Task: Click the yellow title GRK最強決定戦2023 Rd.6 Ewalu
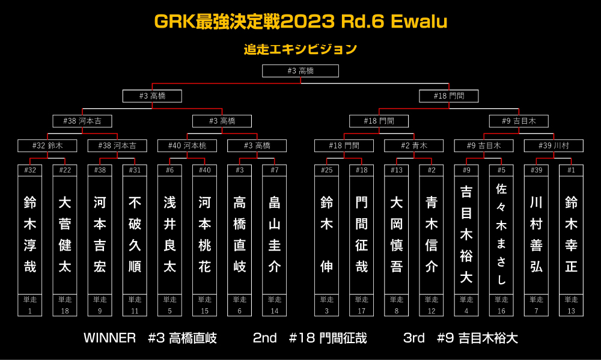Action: click(300, 22)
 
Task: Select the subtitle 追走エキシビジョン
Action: click(300, 49)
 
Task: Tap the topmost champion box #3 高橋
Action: click(300, 71)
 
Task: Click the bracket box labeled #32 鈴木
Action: click(47, 145)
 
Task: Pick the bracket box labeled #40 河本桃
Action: click(187, 145)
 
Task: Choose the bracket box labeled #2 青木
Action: click(414, 145)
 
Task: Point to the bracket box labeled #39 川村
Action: click(554, 145)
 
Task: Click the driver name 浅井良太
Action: click(170, 234)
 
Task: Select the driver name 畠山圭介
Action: click(275, 234)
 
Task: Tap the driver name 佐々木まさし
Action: click(501, 234)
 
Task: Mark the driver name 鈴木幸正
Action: click(571, 234)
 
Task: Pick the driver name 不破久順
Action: click(135, 234)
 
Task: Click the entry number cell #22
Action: click(65, 170)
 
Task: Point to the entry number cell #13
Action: click(396, 170)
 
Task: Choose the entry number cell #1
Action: click(571, 170)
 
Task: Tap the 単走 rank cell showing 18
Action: click(65, 305)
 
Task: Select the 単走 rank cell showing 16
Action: click(501, 305)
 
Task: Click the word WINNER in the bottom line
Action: click(109, 338)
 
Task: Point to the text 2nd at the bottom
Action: click(265, 338)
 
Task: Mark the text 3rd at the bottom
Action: click(414, 338)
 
